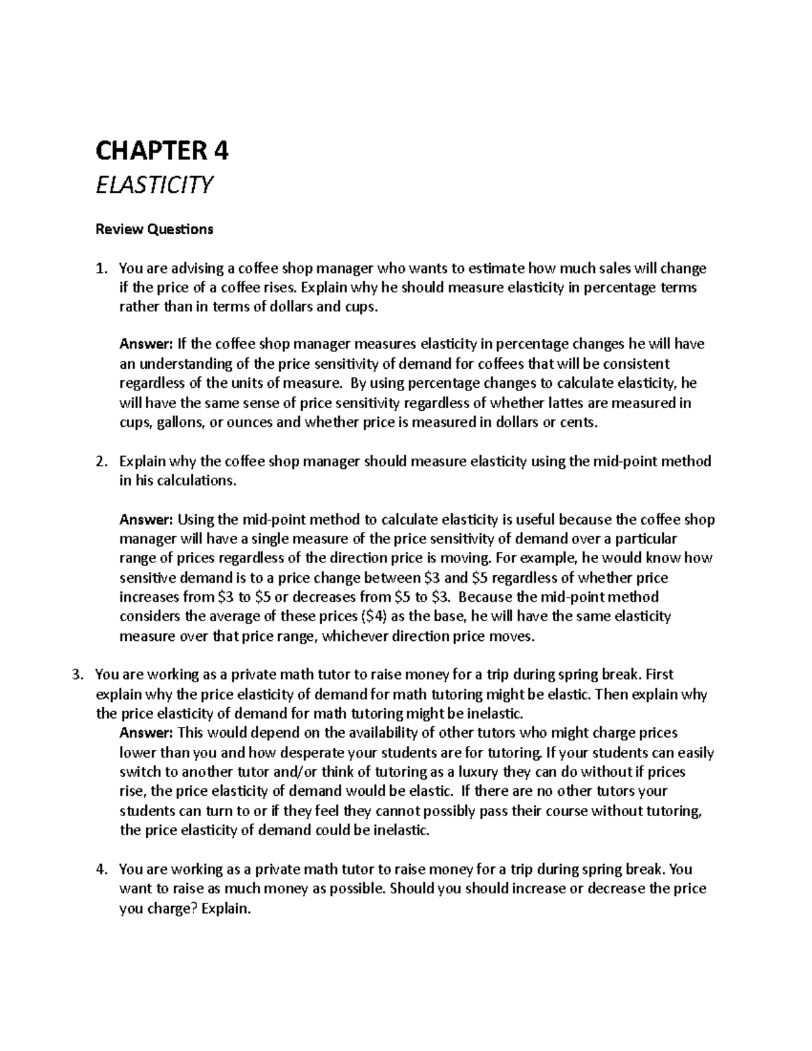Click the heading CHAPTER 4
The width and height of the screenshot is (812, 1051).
click(162, 151)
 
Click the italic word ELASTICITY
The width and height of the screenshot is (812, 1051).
click(154, 185)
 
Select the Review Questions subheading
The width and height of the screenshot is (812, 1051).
click(154, 229)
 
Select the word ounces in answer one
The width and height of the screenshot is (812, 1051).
click(252, 424)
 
